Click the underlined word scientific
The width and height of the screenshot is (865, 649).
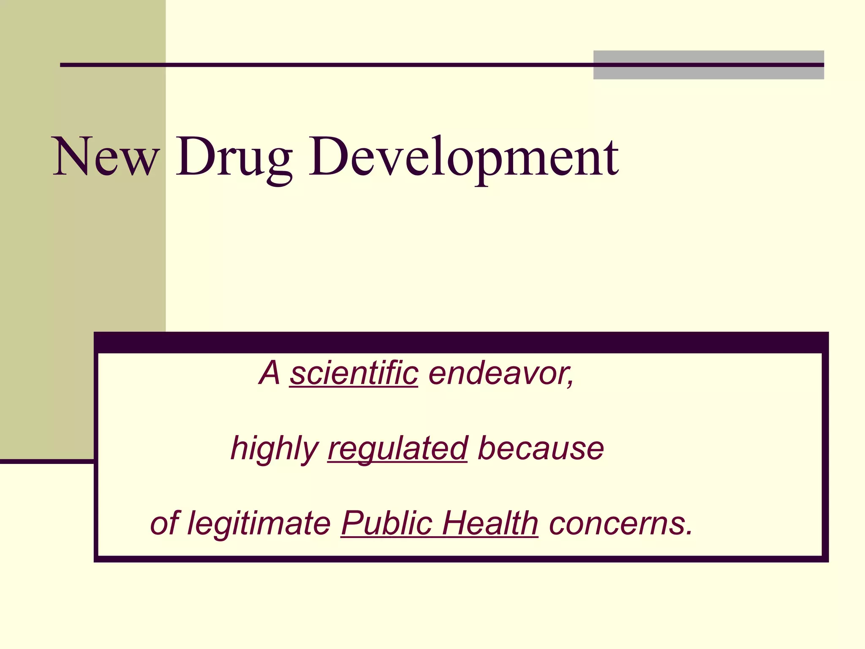[x=354, y=374]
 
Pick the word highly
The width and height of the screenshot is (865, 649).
[x=275, y=449]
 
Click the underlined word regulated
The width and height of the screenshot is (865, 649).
[x=397, y=449]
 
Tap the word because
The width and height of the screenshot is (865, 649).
[x=541, y=449]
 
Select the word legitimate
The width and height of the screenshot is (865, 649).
[x=259, y=524]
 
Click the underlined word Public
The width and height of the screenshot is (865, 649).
[x=386, y=524]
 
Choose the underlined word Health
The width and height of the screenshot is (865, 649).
[x=490, y=524]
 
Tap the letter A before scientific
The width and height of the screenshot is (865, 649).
[x=269, y=374]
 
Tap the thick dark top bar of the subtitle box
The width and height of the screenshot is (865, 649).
[x=460, y=343]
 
